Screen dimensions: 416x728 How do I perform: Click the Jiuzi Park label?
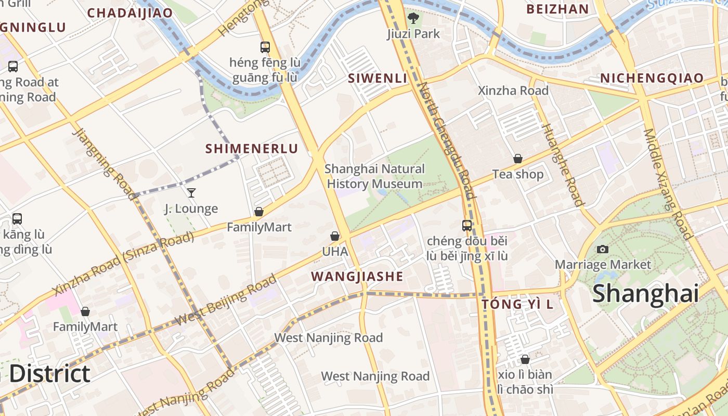[413, 34]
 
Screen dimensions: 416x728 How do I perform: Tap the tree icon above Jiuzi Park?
[413, 19]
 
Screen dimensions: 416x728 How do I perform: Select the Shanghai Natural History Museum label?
[374, 176]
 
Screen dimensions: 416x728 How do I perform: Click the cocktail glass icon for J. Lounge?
[191, 193]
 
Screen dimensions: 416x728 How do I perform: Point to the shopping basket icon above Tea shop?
[518, 159]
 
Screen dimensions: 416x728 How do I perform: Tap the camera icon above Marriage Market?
[603, 249]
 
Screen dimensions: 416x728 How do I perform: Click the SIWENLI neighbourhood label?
[378, 79]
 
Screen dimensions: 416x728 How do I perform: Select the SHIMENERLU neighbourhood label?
[252, 149]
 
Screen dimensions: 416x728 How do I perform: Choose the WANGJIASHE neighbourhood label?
[357, 277]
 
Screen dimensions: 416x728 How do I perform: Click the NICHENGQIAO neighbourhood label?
[652, 79]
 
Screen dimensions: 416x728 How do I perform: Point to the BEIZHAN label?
[557, 9]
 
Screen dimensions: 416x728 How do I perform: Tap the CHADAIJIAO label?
[130, 13]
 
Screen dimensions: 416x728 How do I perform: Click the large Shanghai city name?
[645, 293]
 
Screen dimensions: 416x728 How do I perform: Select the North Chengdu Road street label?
[447, 140]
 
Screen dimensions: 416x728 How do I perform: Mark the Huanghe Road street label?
[562, 165]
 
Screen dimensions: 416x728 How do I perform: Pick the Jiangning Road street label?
[104, 163]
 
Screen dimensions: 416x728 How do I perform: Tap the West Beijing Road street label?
[226, 301]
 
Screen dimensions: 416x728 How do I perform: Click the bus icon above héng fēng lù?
[265, 47]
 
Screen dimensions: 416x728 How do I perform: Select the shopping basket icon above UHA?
[335, 237]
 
